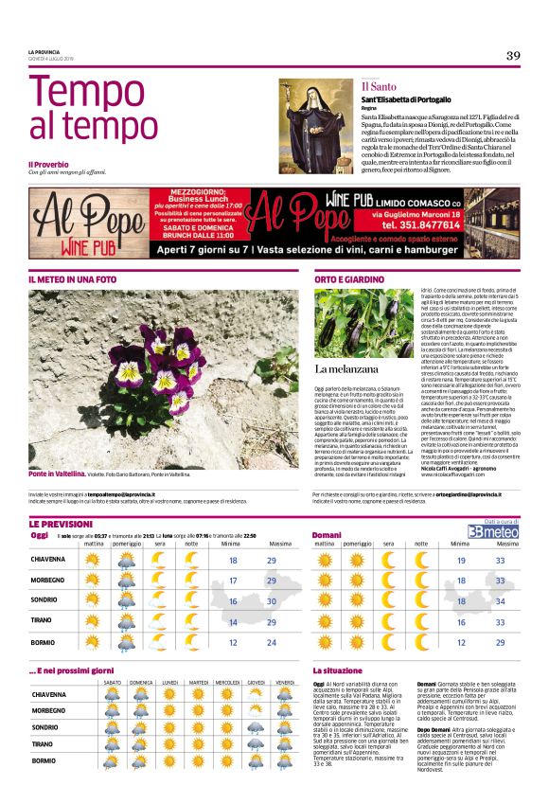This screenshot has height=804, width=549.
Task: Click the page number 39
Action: [x=512, y=55]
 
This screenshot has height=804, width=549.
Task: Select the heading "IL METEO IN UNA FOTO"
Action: [x=73, y=279]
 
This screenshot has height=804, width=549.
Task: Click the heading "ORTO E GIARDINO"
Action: [x=349, y=279]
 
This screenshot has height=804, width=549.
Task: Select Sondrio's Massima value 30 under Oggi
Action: [x=271, y=601]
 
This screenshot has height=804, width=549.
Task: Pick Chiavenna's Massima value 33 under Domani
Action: [x=501, y=560]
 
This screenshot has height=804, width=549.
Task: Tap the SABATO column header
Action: [x=114, y=682]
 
